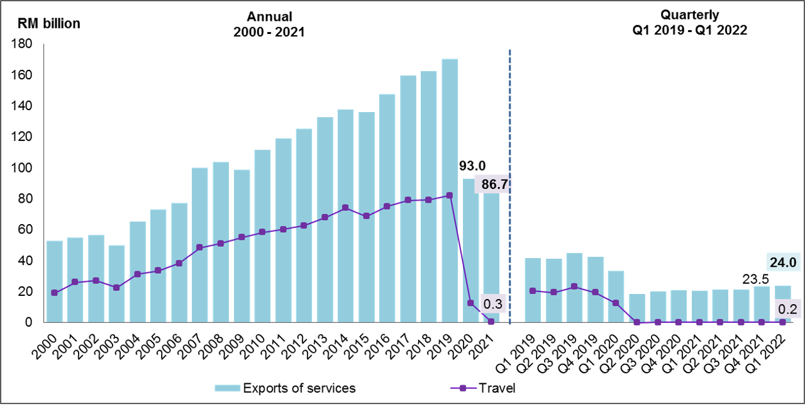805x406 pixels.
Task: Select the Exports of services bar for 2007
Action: [200, 245]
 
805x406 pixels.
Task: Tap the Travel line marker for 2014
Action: [345, 208]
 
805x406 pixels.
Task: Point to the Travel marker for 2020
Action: [470, 303]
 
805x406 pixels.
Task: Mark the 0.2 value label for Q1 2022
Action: [787, 309]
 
